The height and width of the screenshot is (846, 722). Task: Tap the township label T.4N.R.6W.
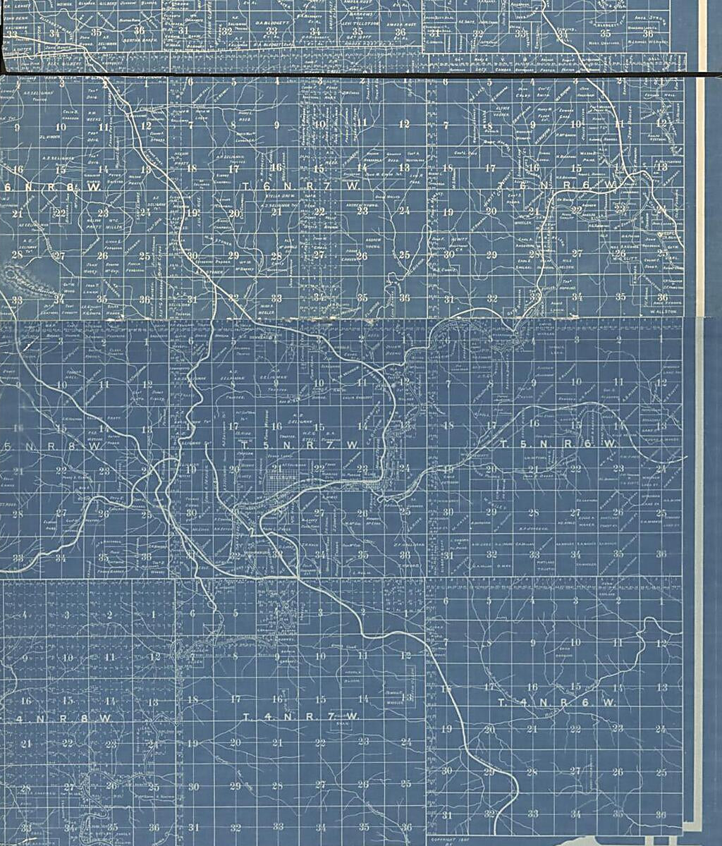pyautogui.click(x=557, y=703)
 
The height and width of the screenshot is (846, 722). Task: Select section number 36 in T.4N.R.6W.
pyautogui.click(x=660, y=815)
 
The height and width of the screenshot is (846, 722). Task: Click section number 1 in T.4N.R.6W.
pyautogui.click(x=661, y=601)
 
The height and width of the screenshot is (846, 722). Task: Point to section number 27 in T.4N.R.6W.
pyautogui.click(x=575, y=772)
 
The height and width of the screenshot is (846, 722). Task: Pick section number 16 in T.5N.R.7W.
pyautogui.click(x=276, y=427)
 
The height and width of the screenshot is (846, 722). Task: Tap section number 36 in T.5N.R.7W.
pyautogui.click(x=405, y=555)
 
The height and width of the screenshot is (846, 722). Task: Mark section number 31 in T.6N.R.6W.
pyautogui.click(x=448, y=299)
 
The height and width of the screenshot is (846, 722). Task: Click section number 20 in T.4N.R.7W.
pyautogui.click(x=235, y=742)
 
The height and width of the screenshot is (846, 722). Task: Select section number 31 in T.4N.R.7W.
pyautogui.click(x=192, y=826)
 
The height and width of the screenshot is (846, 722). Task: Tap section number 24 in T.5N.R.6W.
pyautogui.click(x=661, y=469)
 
